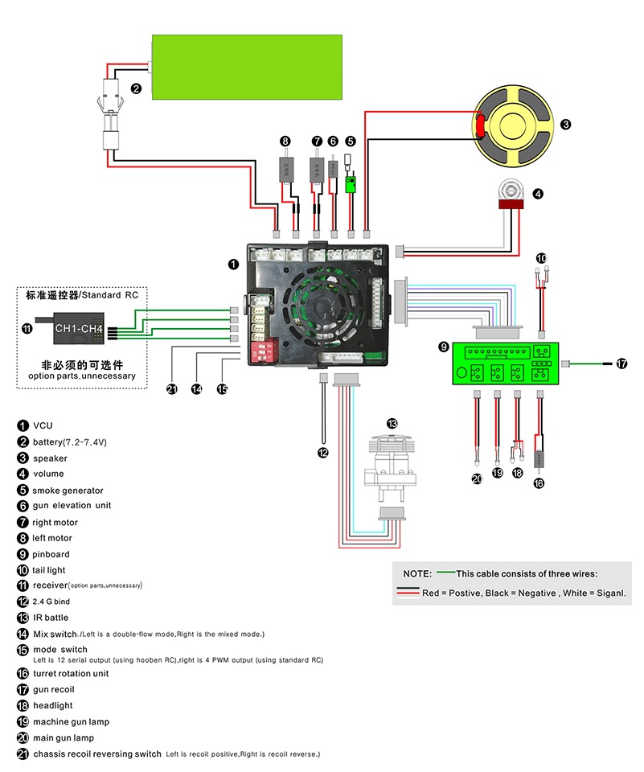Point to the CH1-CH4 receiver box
[78, 328]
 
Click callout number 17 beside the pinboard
[621, 363]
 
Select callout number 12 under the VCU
[323, 452]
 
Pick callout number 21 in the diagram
[171, 389]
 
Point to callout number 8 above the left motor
[285, 141]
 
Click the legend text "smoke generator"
[68, 490]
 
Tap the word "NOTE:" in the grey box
[417, 573]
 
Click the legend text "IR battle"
[51, 618]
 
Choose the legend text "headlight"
[52, 705]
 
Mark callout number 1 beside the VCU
[233, 263]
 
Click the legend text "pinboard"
[51, 554]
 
